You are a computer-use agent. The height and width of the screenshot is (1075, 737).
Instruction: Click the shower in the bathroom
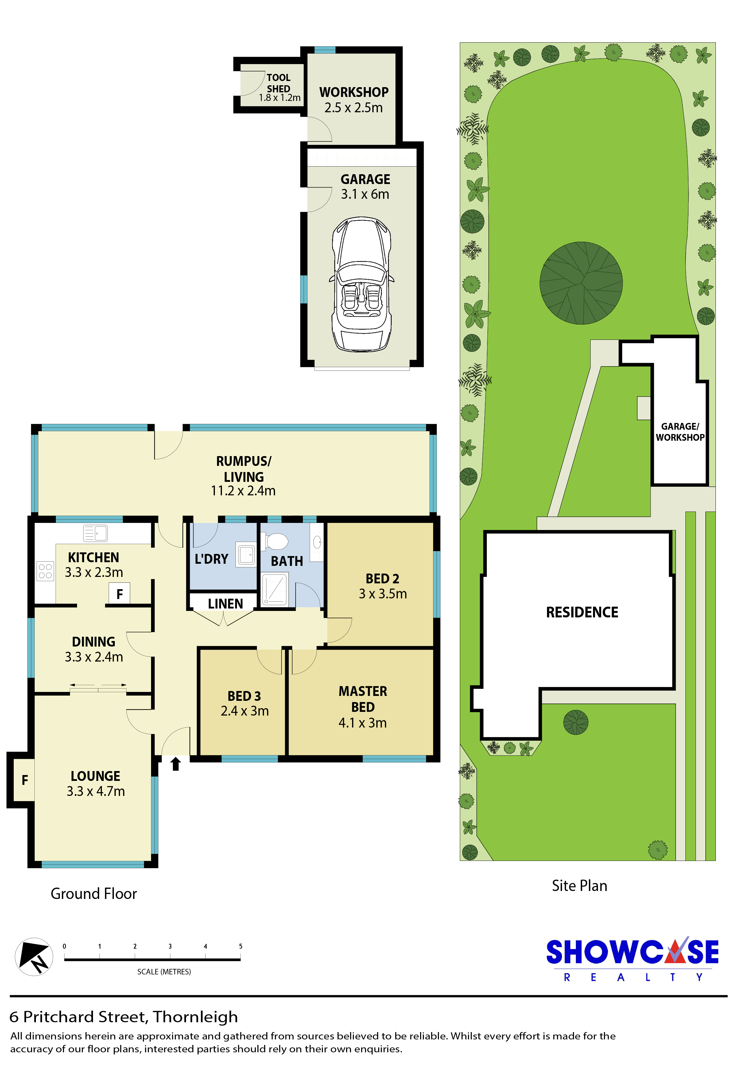point(274,589)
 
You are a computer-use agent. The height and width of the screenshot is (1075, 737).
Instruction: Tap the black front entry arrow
point(176,764)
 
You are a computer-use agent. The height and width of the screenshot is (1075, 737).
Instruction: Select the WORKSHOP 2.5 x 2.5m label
point(354,99)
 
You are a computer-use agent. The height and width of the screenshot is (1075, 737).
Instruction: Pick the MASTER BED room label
point(363,699)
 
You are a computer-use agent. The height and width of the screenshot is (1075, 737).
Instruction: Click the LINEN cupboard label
point(225,604)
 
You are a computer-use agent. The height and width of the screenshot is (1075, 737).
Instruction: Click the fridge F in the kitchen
point(119,594)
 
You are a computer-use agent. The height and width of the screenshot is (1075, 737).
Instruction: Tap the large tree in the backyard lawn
point(581,282)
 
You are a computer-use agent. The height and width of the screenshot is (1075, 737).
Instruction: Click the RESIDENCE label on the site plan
point(582,612)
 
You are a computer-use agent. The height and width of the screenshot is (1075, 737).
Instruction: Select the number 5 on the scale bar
point(240,946)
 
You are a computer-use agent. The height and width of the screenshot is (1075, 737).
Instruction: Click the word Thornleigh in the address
point(195,1017)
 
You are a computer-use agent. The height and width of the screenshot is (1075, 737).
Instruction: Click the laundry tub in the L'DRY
point(247,554)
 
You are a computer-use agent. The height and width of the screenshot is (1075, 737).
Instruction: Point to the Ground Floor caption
point(94,894)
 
